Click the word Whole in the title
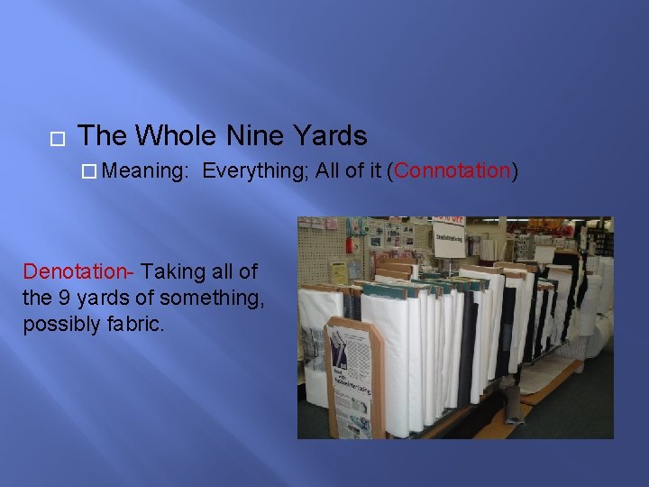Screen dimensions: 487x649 (176, 136)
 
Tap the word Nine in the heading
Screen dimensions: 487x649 (256, 136)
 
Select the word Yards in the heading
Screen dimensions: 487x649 (330, 136)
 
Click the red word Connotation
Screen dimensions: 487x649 (452, 171)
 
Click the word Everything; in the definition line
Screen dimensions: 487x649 (256, 171)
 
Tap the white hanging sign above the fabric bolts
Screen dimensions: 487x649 (448, 238)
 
